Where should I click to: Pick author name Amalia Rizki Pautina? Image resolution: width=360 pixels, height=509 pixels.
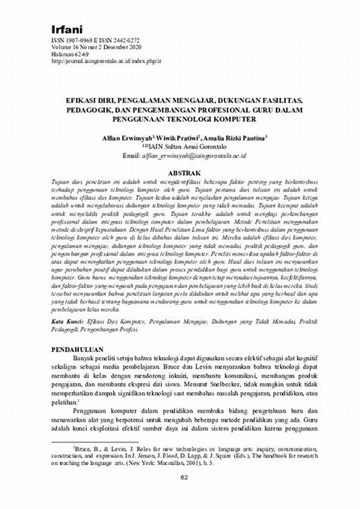(233, 137)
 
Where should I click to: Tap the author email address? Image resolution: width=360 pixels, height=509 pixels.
(196, 155)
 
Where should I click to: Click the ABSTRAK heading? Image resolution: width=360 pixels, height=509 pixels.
(180, 171)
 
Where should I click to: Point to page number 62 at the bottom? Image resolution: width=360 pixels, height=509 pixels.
(180, 495)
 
